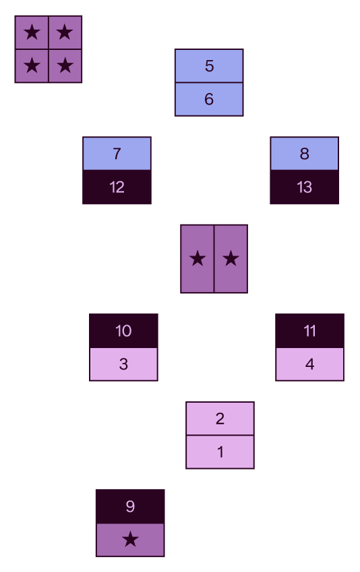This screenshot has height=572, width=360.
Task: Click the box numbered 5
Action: point(209,65)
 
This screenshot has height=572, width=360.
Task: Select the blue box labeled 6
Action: point(209,99)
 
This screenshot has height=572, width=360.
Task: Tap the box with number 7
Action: point(117,154)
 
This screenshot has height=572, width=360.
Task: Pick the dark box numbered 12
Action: point(117,187)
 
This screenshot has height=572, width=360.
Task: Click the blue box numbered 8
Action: point(304,154)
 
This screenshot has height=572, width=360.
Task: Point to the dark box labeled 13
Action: point(304,187)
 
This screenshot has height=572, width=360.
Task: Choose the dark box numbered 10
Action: point(123,331)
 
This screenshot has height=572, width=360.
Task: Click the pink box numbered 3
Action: point(123,364)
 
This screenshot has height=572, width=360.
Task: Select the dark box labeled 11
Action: point(309,331)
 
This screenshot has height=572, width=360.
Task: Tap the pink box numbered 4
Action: point(309,364)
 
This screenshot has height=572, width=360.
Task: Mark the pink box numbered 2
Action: point(220,418)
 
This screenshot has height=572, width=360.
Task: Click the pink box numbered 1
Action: point(220,452)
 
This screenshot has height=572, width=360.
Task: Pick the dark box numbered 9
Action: point(130,507)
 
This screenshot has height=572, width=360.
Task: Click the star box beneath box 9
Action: point(130,540)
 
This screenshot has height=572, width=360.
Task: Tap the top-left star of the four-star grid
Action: point(32,32)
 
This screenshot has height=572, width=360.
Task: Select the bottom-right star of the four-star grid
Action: point(65,66)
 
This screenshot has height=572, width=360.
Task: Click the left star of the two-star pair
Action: point(198,258)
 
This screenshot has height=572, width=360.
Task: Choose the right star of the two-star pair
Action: point(231,258)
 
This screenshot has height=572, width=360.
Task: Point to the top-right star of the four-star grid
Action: point(65,32)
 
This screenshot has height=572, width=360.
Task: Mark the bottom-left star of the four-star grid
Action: point(32,66)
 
